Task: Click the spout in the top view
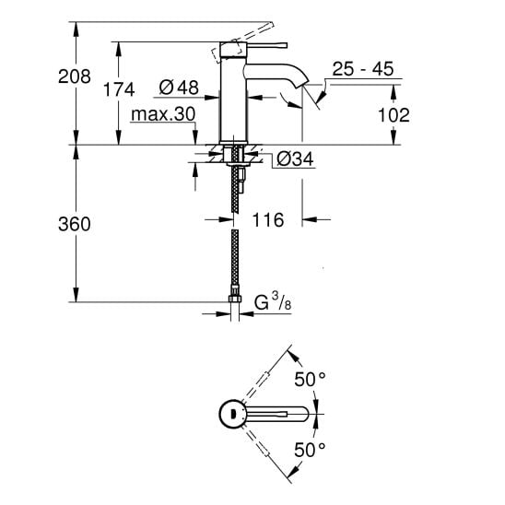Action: click(x=276, y=414)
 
